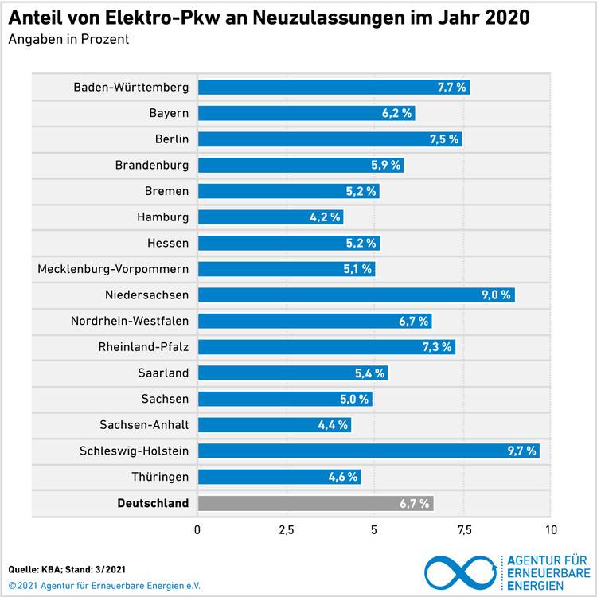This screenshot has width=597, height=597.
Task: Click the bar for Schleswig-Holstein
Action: pyautogui.click(x=369, y=451)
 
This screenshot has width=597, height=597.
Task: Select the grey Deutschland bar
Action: pyautogui.click(x=316, y=503)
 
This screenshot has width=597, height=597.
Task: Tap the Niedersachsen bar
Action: pyautogui.click(x=356, y=295)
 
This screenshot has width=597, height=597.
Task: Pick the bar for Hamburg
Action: pyautogui.click(x=271, y=217)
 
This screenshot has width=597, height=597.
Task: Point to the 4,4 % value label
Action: pyautogui.click(x=333, y=425)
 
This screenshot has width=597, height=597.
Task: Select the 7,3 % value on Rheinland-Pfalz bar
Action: pyautogui.click(x=436, y=347)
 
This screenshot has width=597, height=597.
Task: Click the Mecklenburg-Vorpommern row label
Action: pyautogui.click(x=113, y=269)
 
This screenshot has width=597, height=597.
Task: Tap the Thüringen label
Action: pyautogui.click(x=160, y=477)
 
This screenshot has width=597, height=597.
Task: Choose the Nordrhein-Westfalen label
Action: pyautogui.click(x=130, y=321)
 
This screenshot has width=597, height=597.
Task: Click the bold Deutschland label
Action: pyautogui.click(x=153, y=503)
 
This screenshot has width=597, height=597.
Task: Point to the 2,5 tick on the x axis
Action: pyautogui.click(x=286, y=529)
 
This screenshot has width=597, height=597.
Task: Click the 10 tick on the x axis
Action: pyautogui.click(x=548, y=529)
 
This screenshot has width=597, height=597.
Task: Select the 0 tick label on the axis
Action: pyautogui.click(x=197, y=529)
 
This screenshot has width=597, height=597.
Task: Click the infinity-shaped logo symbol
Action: pyautogui.click(x=462, y=572)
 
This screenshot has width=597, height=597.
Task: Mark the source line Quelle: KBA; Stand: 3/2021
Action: pyautogui.click(x=67, y=569)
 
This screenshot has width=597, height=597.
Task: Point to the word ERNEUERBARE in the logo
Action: pyautogui.click(x=548, y=573)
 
